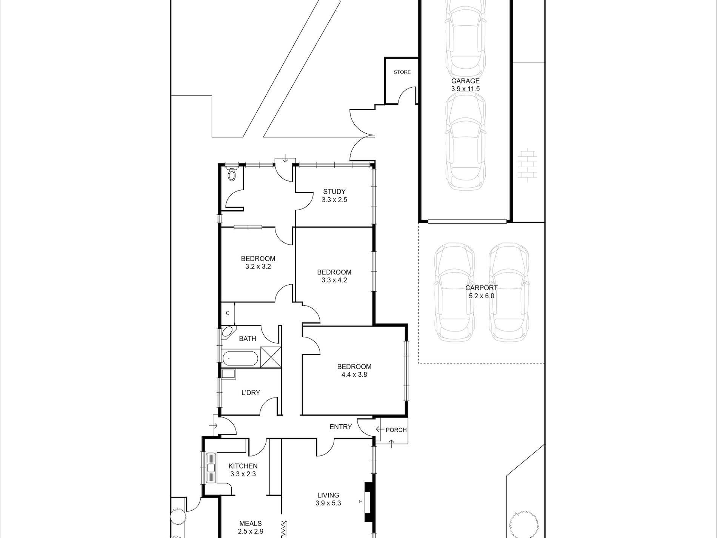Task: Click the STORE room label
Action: (402, 72)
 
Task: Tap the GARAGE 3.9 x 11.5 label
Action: (465, 85)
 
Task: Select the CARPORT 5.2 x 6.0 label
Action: (482, 292)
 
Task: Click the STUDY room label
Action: (334, 192)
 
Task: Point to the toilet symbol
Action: (232, 174)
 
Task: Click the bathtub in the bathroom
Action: (240, 359)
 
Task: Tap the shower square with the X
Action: (271, 357)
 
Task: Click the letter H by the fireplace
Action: (361, 502)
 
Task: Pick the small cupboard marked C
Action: (228, 313)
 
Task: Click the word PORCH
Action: (396, 430)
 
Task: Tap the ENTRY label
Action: (341, 427)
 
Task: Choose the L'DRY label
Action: (251, 393)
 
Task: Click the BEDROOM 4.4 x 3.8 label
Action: (354, 370)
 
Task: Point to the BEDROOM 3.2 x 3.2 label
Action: (258, 262)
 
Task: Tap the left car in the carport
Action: (454, 292)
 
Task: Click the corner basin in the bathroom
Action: (228, 332)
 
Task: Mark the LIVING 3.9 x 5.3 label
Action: (328, 499)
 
